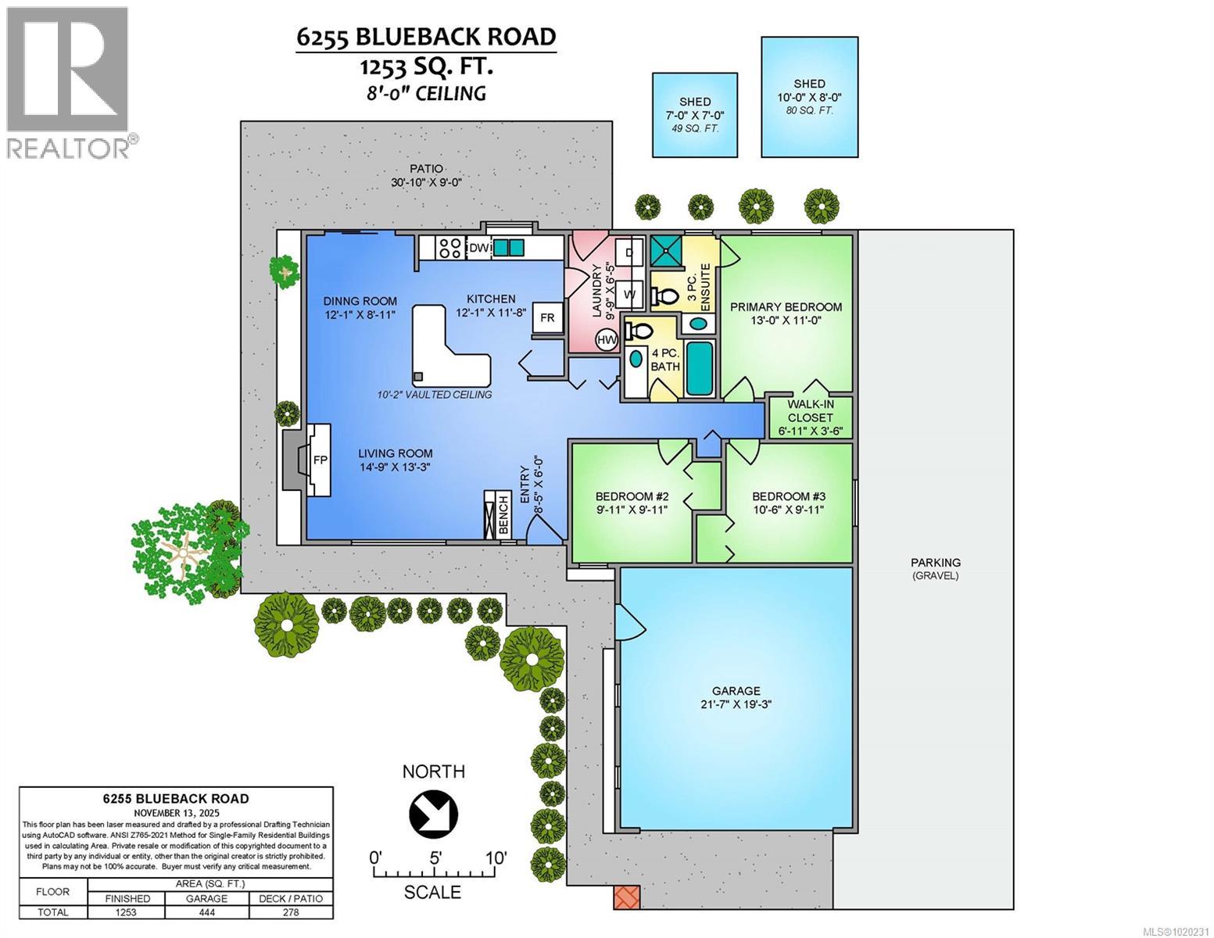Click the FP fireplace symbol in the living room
point(320,460)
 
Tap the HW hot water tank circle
point(607,339)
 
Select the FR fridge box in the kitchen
point(547,317)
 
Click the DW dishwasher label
point(478,248)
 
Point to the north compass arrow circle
point(433,813)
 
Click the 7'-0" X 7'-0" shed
point(695,115)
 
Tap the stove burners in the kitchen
point(449,248)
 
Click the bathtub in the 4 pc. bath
point(699,368)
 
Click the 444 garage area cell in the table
point(206,912)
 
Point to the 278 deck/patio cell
point(291,912)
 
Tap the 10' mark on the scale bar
point(494,858)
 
